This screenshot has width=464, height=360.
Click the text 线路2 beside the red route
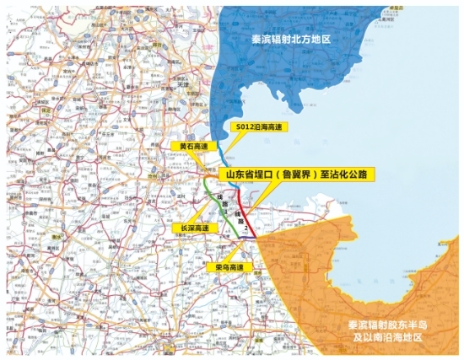[246, 223]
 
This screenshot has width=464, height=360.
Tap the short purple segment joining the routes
[245, 239]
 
